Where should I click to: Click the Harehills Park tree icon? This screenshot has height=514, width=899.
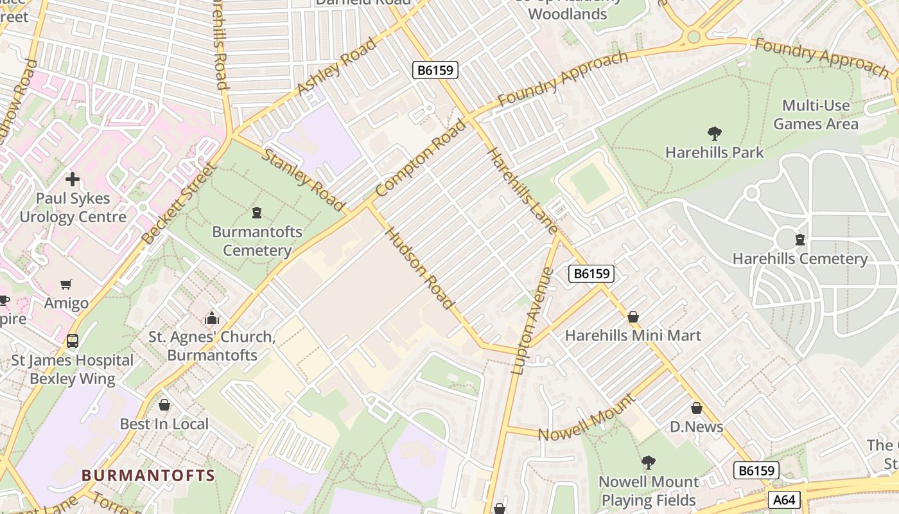click(714, 134)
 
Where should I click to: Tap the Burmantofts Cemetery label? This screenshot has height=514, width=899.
click(257, 241)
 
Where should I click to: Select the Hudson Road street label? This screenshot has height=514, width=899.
click(420, 269)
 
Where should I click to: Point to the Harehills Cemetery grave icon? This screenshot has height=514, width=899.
click(799, 240)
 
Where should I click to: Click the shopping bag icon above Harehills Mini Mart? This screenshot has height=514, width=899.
click(633, 317)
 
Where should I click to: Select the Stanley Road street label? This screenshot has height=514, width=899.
click(304, 180)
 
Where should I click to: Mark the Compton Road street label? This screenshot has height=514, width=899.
click(421, 158)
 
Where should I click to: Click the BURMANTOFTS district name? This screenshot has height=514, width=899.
click(148, 476)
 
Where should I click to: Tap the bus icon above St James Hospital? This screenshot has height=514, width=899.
click(73, 341)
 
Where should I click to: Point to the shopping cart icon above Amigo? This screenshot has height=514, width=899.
click(66, 285)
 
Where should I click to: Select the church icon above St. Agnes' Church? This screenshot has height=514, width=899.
click(211, 318)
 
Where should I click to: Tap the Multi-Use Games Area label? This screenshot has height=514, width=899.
click(816, 114)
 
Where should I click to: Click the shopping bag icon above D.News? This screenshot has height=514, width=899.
click(696, 408)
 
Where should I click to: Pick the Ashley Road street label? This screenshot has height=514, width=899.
click(337, 67)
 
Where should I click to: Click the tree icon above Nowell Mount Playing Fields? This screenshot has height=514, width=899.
click(649, 463)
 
